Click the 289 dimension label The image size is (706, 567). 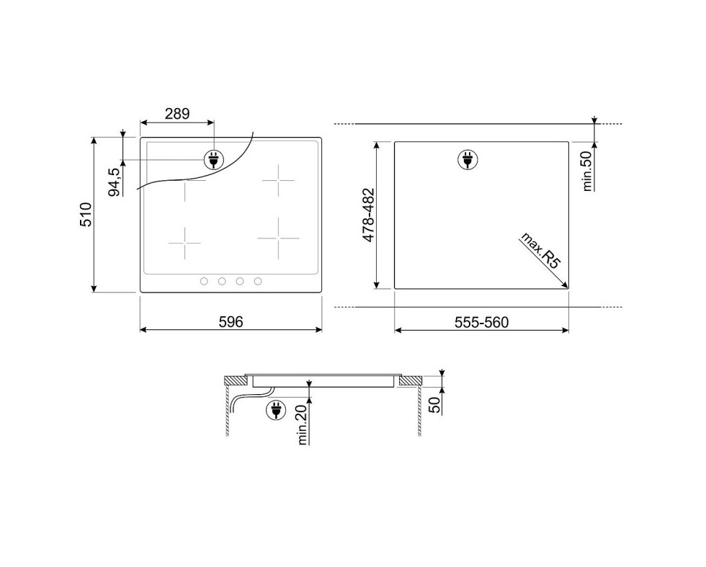pos(177,114)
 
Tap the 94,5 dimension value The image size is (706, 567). pos(115,182)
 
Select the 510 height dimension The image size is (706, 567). pos(86,215)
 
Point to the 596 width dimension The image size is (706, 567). pos(231,321)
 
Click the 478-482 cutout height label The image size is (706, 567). pos(369,215)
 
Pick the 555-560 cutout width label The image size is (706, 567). pos(481,322)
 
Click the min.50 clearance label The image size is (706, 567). pos(586,171)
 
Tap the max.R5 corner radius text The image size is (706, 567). pos(540,251)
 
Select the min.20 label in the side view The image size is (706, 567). pos(302,424)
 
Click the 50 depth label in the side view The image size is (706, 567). pos(434,405)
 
